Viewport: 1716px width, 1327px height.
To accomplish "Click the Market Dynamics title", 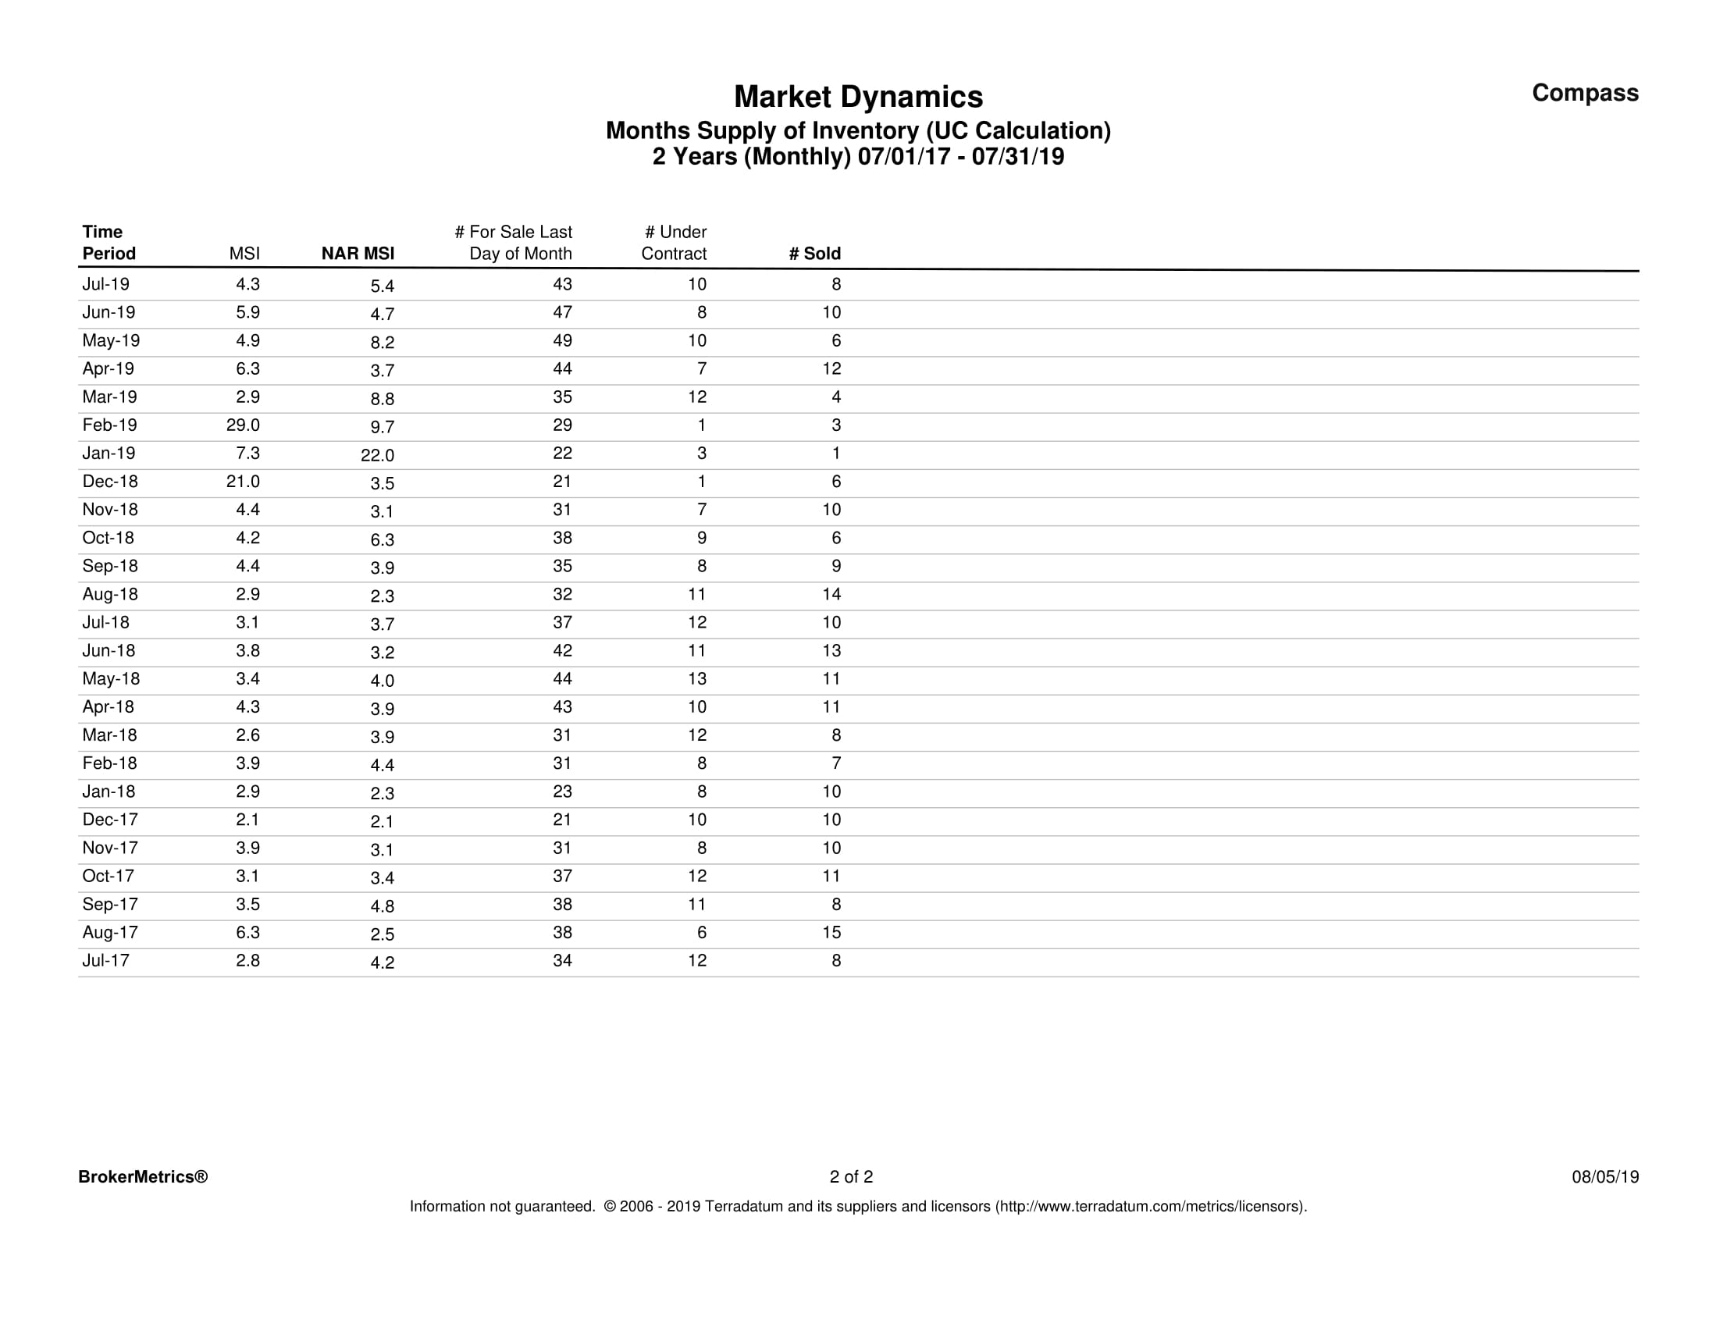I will tap(858, 98).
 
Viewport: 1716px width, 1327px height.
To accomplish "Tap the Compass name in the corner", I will tap(1585, 93).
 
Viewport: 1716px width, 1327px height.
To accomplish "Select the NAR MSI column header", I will tap(358, 254).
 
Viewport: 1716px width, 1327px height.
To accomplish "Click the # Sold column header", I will tap(815, 254).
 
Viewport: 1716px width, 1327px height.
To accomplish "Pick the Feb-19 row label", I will tap(109, 425).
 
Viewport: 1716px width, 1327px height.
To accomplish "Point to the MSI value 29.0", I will tap(243, 425).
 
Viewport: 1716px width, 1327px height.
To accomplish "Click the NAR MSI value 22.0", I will tap(377, 455).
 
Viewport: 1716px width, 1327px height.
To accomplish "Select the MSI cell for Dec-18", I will tap(243, 482).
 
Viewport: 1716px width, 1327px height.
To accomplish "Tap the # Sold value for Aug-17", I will tap(831, 933).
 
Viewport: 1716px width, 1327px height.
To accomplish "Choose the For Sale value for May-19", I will tap(562, 341).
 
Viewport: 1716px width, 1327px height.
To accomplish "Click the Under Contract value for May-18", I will tap(697, 679).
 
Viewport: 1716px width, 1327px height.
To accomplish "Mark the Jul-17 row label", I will tap(106, 961).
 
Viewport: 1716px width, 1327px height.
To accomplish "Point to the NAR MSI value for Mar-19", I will tap(382, 398).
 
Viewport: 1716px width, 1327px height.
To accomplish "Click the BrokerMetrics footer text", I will tap(143, 1177).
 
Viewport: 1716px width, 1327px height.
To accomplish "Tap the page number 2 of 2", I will tap(851, 1177).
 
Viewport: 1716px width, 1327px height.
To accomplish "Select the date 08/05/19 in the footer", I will tap(1604, 1177).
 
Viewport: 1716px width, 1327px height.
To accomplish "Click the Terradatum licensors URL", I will tap(1151, 1207).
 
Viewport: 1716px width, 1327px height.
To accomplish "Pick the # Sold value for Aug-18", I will tap(831, 595).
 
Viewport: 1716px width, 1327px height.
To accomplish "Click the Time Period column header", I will tap(109, 243).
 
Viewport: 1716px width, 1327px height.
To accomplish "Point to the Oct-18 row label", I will tap(109, 538).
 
